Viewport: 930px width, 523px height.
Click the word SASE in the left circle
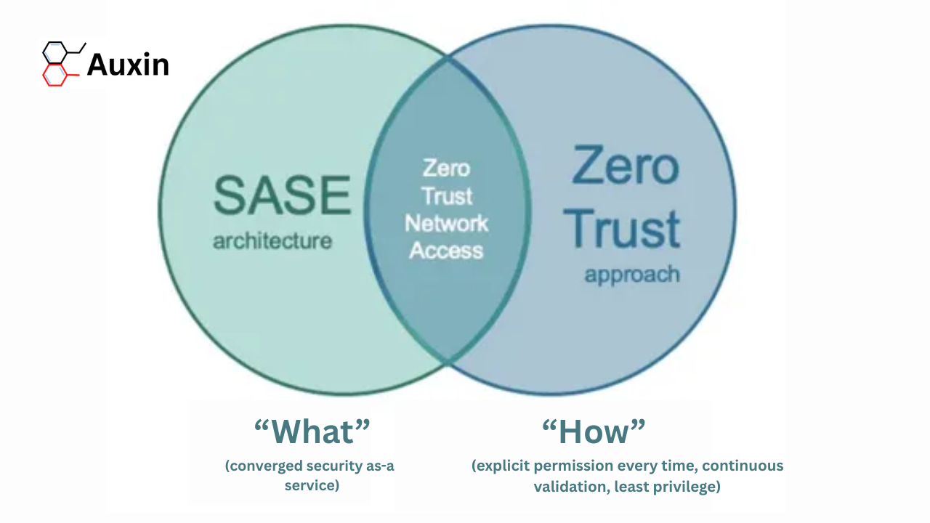[283, 195]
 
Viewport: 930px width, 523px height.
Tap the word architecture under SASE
[272, 241]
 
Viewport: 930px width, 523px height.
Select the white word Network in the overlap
[446, 223]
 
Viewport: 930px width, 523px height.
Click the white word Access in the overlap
[446, 251]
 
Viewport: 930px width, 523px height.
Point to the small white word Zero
[446, 168]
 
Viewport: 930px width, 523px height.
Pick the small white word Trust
[447, 196]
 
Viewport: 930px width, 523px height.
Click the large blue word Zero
[626, 165]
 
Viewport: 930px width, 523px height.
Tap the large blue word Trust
[621, 228]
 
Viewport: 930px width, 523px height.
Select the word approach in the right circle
[632, 275]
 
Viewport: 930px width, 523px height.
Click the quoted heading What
[312, 431]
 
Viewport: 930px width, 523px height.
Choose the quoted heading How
[594, 431]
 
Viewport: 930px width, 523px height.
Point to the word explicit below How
[501, 466]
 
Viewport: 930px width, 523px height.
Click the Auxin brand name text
[129, 65]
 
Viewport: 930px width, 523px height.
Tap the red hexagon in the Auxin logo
[54, 75]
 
